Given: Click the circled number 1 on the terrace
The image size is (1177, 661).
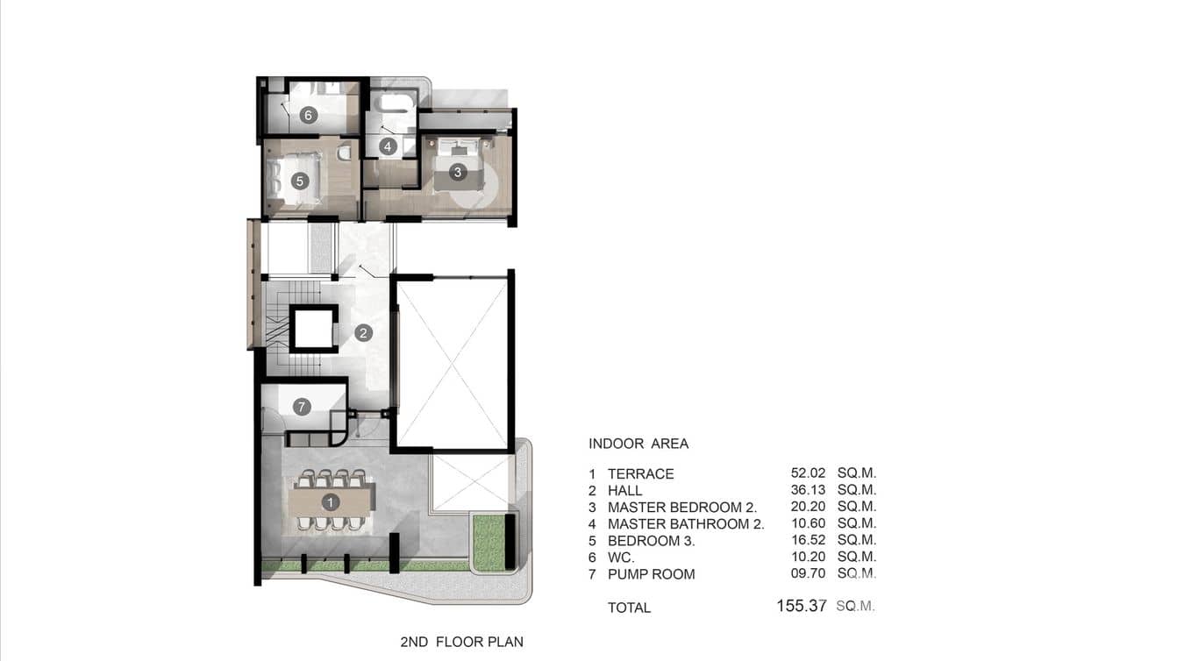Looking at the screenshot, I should coord(331,502).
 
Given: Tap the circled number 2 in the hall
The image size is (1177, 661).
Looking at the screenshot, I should coord(363,333).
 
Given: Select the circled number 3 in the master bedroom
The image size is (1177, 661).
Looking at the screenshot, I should coord(457,173).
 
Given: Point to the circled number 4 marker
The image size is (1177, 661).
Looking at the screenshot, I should coord(388,146).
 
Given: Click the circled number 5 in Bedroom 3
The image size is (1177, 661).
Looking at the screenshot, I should coord(300,181).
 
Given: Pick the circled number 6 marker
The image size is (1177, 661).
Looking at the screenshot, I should coord(308,115).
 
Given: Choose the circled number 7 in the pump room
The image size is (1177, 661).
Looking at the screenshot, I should coord(302,407).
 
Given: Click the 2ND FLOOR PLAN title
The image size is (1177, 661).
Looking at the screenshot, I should coord(461,643).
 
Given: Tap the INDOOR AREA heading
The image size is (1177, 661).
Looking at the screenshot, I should coord(638,444).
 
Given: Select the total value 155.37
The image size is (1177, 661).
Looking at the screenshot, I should coord(801,606).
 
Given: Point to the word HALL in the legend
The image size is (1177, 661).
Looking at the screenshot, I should coord(624,491).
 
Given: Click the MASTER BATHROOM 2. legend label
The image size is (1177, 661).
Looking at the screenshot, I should coord(686,524).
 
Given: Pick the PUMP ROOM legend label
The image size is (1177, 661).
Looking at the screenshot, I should coord(651,574).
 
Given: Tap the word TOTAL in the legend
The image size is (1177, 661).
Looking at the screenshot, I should coord(629,608).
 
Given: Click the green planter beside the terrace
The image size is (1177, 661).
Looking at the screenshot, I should coord(489,542).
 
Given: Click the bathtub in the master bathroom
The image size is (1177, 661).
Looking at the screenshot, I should coord(395,103).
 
